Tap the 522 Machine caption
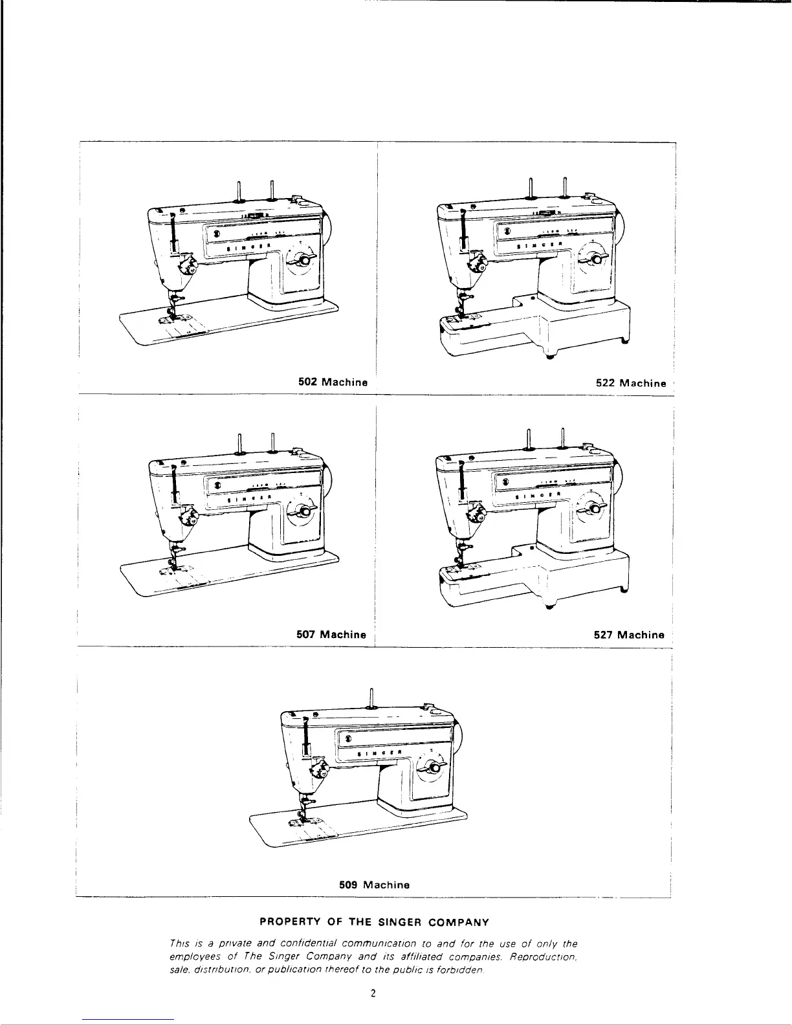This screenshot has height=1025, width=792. click(x=630, y=383)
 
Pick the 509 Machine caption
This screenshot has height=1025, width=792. click(x=375, y=885)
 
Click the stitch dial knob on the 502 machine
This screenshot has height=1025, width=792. click(x=302, y=259)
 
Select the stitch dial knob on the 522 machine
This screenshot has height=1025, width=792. click(x=593, y=259)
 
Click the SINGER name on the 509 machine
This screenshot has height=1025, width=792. click(x=381, y=753)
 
